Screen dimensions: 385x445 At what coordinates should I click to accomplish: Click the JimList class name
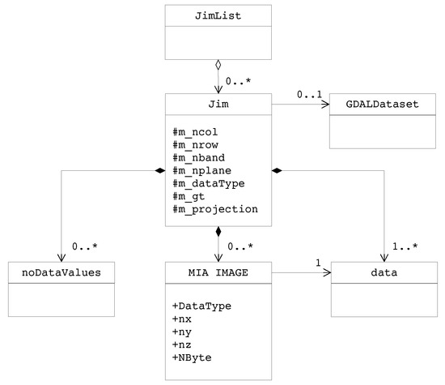click(219, 15)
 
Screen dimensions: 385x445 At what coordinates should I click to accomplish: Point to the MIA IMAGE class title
click(219, 273)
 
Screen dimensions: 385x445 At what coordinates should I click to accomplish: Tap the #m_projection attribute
click(214, 209)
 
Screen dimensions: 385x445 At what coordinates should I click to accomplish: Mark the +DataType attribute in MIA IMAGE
click(201, 306)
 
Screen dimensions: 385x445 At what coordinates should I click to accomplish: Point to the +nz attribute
click(183, 344)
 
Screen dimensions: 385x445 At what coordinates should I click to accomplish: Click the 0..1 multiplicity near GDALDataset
click(307, 94)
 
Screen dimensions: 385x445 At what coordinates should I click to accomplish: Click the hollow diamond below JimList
click(219, 65)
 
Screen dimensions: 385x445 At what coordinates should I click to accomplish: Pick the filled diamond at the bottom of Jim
click(219, 233)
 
